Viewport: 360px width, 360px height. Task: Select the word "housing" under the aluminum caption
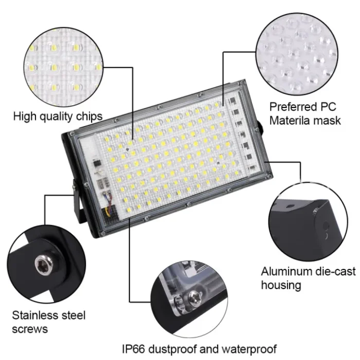coord(281,284)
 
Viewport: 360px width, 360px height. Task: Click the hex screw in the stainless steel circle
coord(41,265)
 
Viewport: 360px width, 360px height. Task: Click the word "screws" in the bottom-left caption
coord(30,329)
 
